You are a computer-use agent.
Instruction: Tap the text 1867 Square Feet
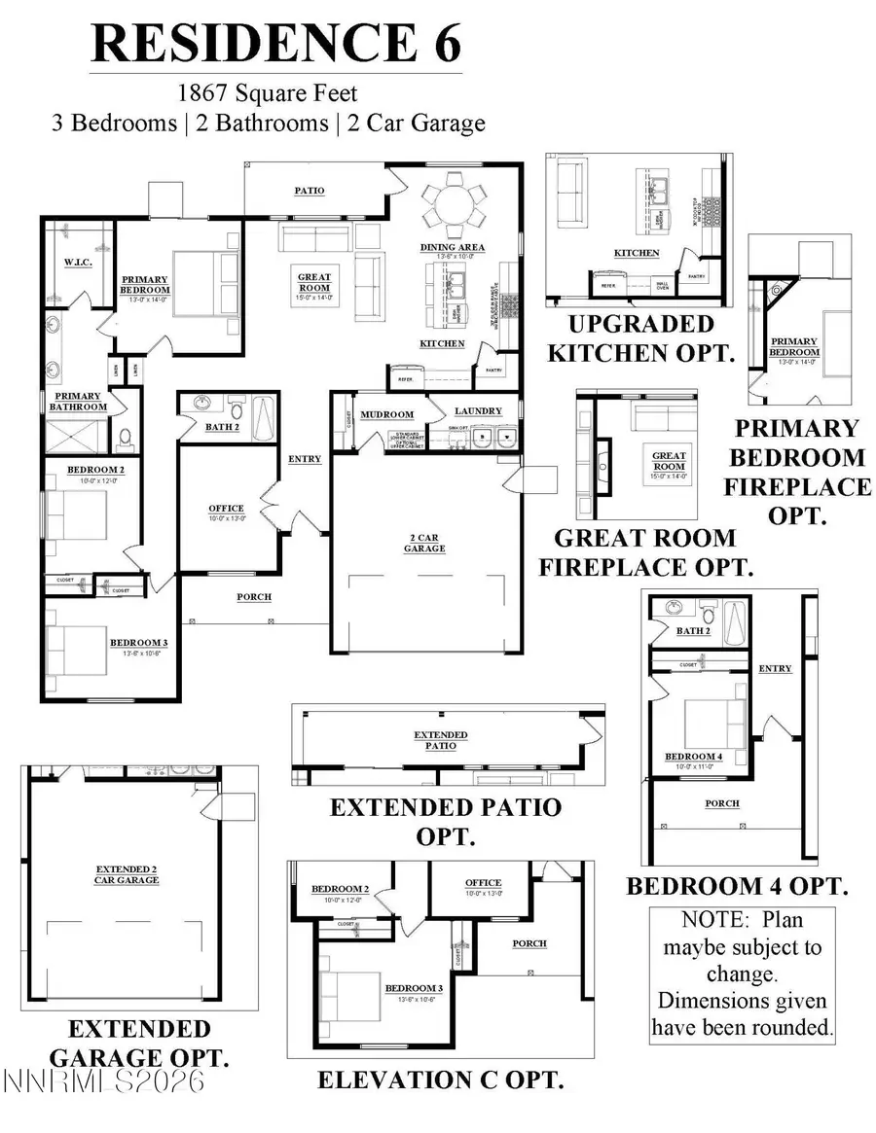[268, 94]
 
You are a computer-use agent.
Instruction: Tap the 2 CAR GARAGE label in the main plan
[424, 543]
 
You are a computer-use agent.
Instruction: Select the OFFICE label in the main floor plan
[226, 509]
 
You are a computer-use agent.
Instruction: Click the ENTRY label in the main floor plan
[305, 459]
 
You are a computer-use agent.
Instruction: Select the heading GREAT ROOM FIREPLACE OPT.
[653, 552]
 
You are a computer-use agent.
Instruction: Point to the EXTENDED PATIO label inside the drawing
[440, 740]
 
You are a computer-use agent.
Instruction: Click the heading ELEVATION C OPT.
[441, 1080]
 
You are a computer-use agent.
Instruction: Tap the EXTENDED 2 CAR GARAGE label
[127, 873]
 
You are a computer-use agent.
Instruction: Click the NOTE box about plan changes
[743, 973]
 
